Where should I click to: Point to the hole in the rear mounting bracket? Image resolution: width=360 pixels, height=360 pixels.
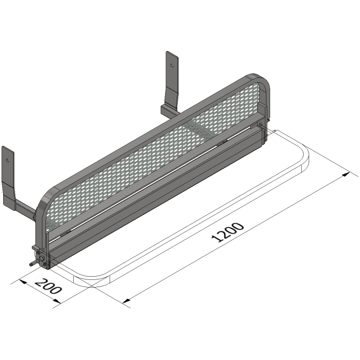[x=171, y=65]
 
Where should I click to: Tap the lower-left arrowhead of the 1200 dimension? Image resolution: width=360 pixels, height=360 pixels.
[x=126, y=300]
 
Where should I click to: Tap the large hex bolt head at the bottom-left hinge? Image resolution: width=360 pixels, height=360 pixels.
[x=43, y=259]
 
